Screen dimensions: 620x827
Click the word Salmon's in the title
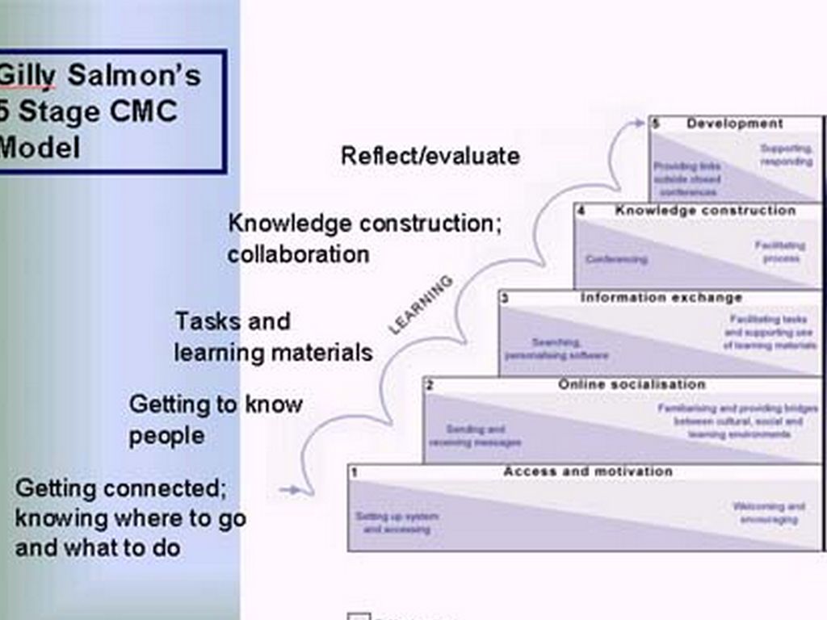(134, 76)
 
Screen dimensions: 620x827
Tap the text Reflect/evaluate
(430, 155)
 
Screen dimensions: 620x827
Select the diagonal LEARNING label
(421, 304)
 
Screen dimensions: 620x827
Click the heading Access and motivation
(587, 471)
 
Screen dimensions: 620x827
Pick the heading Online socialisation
(632, 385)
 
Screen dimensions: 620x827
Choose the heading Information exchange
(661, 298)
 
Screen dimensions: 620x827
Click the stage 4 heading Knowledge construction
(705, 211)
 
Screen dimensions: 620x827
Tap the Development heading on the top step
(734, 124)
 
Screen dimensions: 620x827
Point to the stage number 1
(355, 471)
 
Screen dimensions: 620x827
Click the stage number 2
(430, 386)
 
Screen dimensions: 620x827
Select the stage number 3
(505, 299)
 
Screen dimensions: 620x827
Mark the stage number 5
(656, 124)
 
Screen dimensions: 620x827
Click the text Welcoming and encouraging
(768, 513)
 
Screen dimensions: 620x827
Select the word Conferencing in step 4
(616, 259)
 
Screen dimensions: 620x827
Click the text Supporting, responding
(786, 155)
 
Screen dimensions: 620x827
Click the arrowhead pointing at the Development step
(640, 124)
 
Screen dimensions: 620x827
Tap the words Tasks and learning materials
(273, 337)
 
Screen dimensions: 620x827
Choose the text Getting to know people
(215, 420)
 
